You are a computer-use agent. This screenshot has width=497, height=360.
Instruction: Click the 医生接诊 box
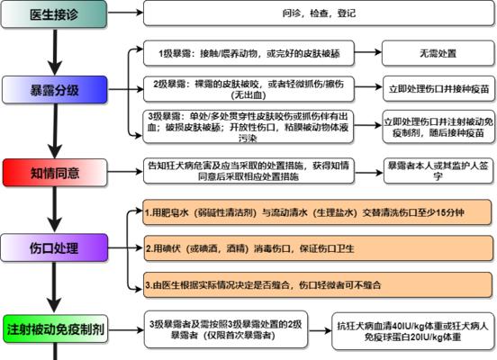54,13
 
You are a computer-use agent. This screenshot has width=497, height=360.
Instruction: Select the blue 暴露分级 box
55,90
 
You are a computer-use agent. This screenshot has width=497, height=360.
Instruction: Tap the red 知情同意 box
55,173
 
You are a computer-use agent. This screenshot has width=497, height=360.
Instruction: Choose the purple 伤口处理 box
54,247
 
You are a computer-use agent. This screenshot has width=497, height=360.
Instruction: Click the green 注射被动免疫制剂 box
56,328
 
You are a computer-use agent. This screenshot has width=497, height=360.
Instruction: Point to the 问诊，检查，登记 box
319,13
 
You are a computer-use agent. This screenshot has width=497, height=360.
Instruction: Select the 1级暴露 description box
248,53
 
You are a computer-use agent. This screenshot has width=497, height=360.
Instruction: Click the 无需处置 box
438,53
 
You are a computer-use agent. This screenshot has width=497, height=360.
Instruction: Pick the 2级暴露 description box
248,89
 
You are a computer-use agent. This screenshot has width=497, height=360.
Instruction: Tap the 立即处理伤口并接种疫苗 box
439,89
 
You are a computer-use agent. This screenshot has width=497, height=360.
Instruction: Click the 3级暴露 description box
248,126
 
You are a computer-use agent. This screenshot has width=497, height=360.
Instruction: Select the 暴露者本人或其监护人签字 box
438,171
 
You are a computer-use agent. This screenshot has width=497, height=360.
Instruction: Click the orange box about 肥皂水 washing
317,212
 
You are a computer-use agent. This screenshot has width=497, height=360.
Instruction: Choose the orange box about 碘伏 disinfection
319,248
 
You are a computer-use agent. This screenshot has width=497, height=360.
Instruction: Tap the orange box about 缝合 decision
318,284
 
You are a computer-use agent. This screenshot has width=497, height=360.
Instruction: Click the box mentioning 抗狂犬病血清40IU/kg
413,331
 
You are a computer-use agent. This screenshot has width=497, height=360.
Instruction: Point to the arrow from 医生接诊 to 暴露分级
55,52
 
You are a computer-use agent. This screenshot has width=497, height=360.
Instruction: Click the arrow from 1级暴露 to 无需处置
368,52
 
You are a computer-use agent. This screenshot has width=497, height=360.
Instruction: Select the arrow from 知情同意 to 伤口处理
55,210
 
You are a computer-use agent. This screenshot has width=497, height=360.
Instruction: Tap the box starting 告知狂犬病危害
248,171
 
